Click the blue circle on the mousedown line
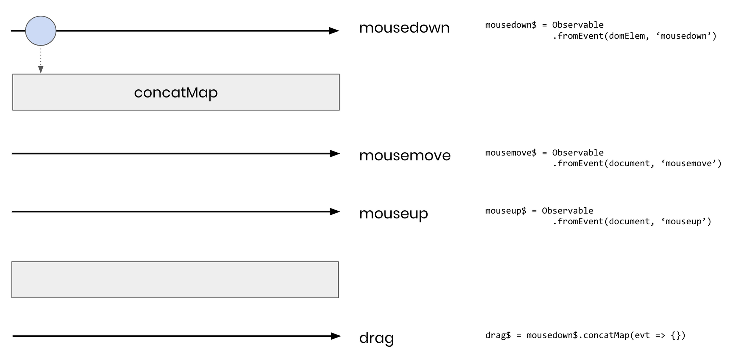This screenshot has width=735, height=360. [x=41, y=31]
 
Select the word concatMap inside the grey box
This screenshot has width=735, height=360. [x=176, y=93]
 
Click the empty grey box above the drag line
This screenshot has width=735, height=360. [x=175, y=279]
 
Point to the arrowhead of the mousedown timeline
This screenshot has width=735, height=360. [x=334, y=31]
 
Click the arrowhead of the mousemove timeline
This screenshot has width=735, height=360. [x=335, y=154]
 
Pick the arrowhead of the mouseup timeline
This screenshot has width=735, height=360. [x=335, y=212]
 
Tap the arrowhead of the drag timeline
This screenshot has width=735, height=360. [x=336, y=336]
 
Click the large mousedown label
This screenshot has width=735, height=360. [x=404, y=28]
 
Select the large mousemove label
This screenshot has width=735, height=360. [x=405, y=156]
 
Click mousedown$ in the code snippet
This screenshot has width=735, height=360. [x=511, y=25]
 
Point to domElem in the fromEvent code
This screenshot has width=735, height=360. [x=627, y=36]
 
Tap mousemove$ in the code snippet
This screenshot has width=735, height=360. [x=511, y=153]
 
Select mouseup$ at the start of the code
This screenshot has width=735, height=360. [x=506, y=211]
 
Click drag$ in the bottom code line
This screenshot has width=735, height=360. [x=498, y=335]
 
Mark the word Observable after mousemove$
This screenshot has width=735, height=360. [x=578, y=153]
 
